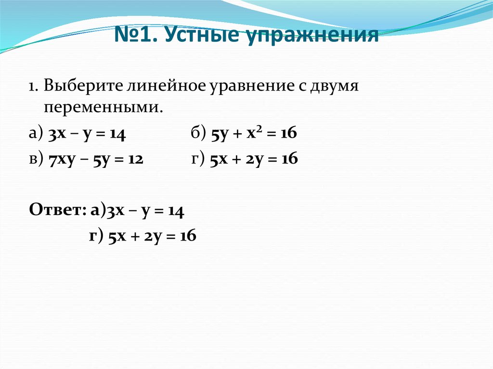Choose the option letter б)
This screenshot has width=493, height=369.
(197, 135)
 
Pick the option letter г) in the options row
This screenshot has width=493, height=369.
(197, 159)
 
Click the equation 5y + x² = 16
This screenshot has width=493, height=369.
(254, 135)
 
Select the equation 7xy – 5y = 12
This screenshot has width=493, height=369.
(96, 159)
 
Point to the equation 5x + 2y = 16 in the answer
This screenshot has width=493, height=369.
(152, 236)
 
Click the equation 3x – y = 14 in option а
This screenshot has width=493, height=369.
(87, 135)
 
